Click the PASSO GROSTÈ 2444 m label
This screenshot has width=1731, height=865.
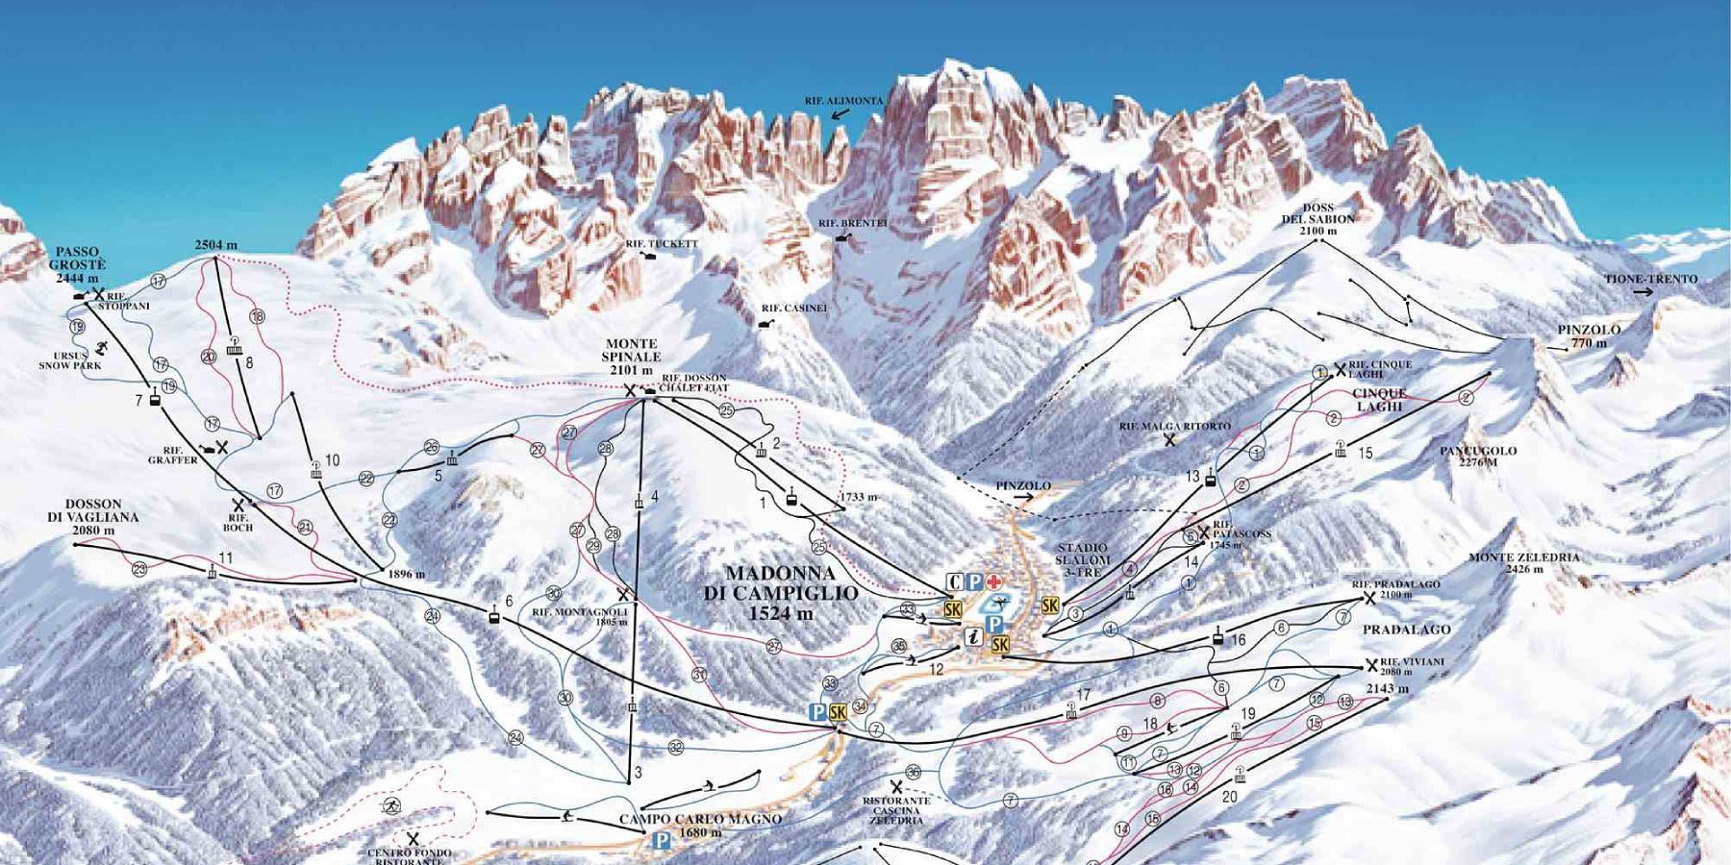click(x=77, y=265)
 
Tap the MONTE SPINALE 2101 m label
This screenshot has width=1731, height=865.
click(x=632, y=357)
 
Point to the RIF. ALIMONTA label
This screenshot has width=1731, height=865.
click(x=843, y=101)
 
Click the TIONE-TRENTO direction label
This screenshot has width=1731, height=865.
click(x=1650, y=280)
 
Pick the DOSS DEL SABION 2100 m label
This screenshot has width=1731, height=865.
click(x=1317, y=219)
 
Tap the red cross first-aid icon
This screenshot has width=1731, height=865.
click(x=994, y=582)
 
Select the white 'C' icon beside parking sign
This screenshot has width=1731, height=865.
click(x=954, y=582)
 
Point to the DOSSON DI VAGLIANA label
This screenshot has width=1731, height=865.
click(x=93, y=516)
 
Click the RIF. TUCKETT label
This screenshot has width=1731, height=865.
click(x=662, y=244)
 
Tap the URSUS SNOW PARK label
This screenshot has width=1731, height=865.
click(x=69, y=360)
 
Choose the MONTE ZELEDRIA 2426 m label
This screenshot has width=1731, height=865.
click(x=1523, y=563)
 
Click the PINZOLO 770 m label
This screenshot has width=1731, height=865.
click(x=1589, y=336)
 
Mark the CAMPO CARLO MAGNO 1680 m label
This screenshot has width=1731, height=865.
click(x=700, y=826)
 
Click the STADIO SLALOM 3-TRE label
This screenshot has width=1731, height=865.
click(x=1082, y=559)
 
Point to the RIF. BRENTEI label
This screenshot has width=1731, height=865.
click(x=852, y=223)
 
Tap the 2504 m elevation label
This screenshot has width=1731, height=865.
click(x=215, y=245)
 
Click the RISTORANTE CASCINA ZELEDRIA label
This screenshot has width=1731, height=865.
click(x=896, y=809)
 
